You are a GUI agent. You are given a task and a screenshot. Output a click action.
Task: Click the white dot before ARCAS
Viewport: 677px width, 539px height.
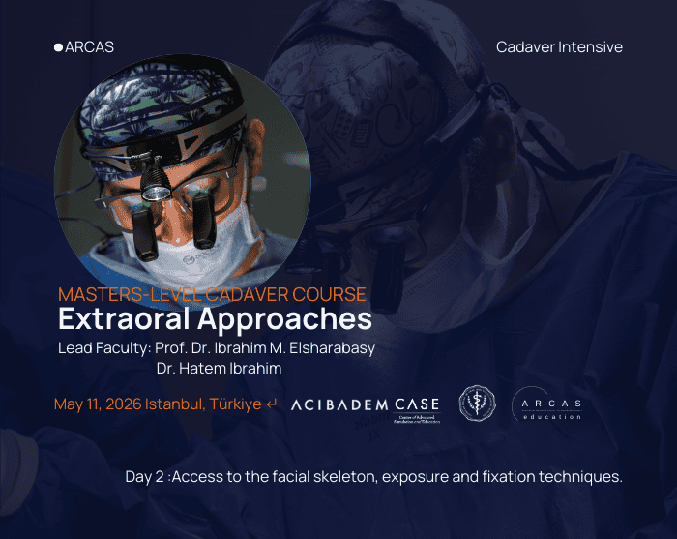58,46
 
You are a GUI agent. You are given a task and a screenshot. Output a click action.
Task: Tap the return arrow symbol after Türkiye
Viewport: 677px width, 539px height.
272,404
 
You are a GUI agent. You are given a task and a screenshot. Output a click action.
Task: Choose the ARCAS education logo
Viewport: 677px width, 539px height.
546,404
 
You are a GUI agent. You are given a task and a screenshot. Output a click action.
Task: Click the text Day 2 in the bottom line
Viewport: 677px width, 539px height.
143,477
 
